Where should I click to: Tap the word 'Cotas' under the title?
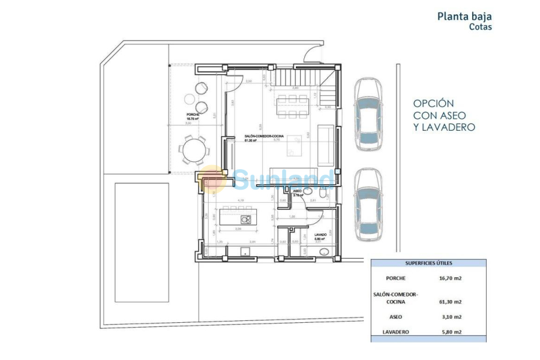click(480, 27)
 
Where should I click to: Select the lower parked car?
click(367, 205)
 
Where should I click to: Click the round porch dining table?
click(194, 149)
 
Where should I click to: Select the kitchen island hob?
click(245, 220)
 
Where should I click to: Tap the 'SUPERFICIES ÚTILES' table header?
click(428, 263)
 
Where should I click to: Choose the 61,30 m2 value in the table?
click(450, 302)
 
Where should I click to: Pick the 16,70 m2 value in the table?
click(450, 278)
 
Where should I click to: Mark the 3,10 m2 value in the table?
click(450, 317)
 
